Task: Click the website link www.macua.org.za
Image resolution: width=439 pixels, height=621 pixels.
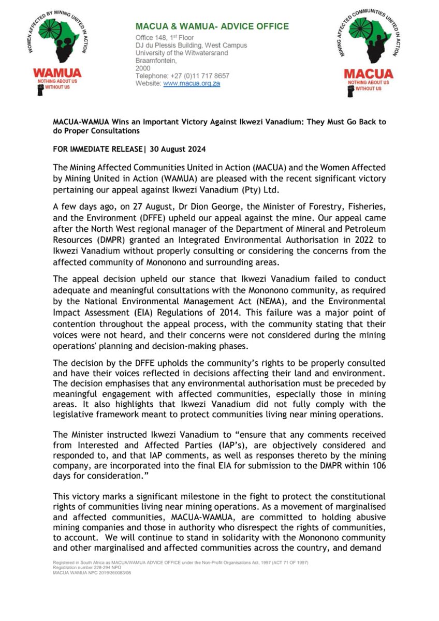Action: pos(192,83)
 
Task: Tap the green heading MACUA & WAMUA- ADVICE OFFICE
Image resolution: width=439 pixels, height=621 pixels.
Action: pos(212,26)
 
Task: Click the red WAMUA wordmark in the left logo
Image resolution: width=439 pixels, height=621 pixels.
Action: pos(52,73)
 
